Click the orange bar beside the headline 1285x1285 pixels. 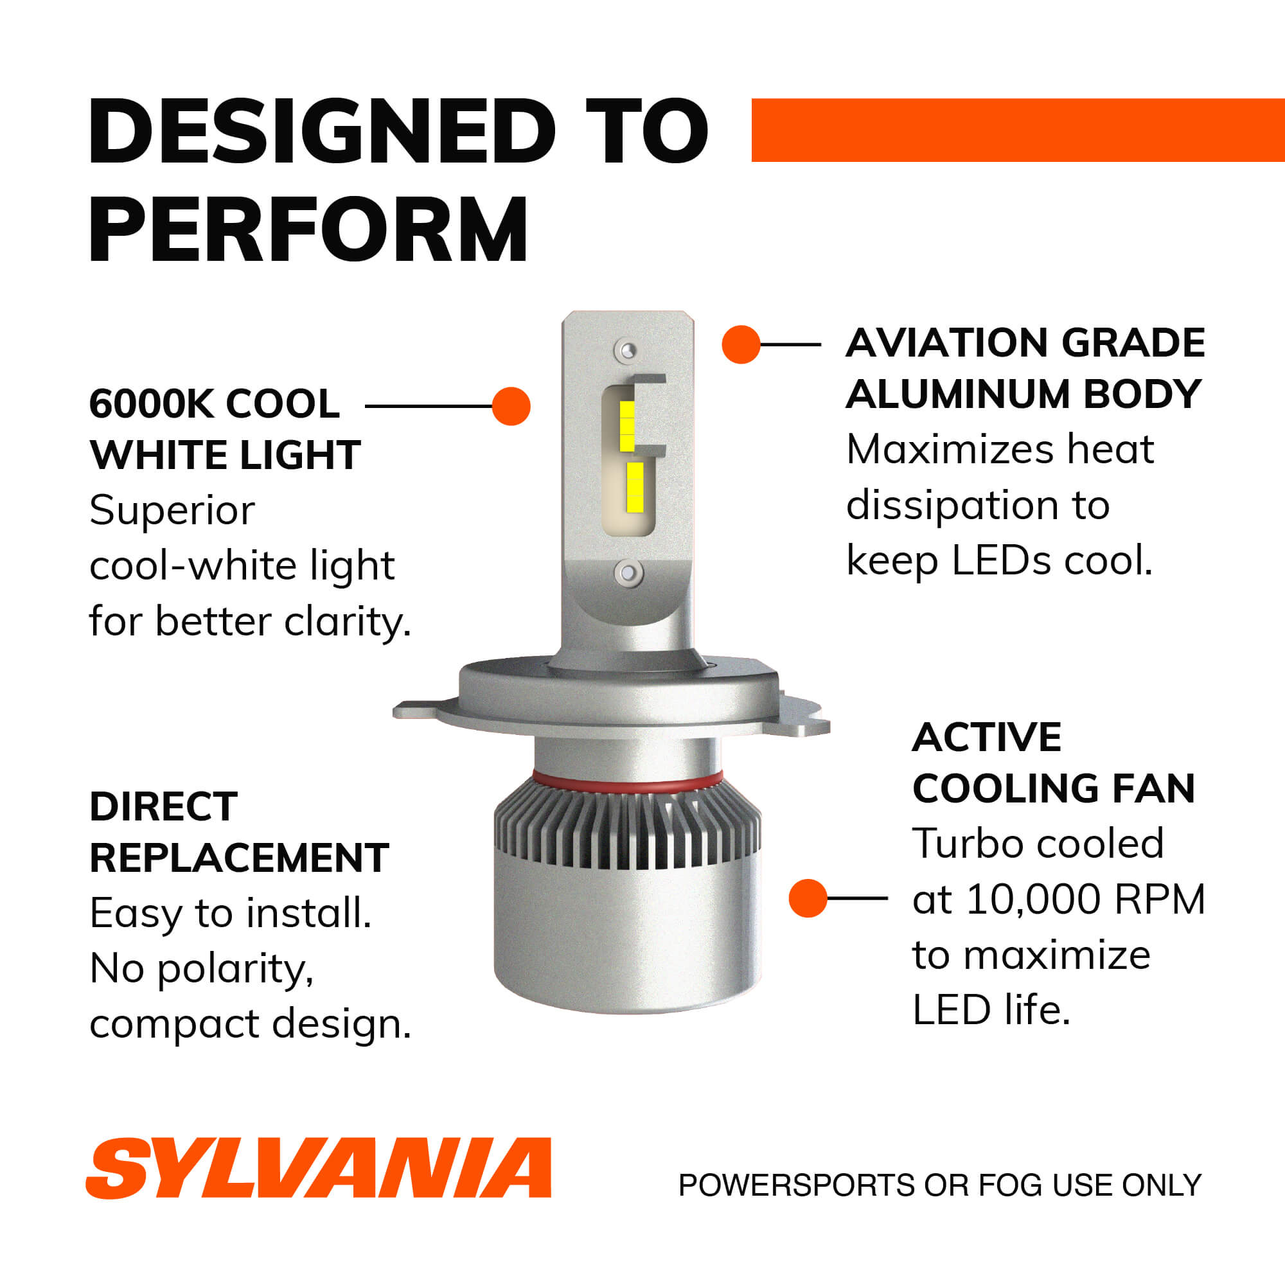click(x=1017, y=130)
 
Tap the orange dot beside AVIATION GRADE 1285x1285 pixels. click(x=740, y=344)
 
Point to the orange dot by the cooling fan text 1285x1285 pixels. click(x=808, y=898)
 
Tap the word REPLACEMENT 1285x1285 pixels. click(x=239, y=858)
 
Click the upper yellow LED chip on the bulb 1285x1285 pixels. click(x=627, y=427)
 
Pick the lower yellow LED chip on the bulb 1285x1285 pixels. click(x=635, y=488)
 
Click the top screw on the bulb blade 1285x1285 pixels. click(x=627, y=351)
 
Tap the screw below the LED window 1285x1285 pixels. click(x=628, y=572)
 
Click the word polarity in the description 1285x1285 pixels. click(x=234, y=969)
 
